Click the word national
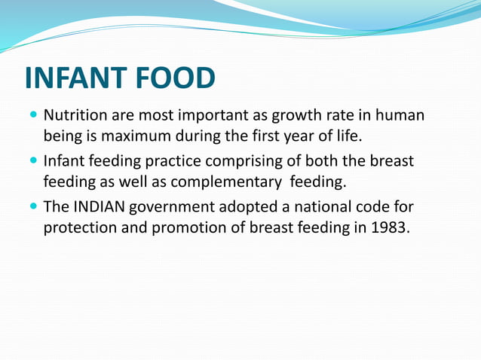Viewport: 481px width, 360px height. point(322,207)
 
